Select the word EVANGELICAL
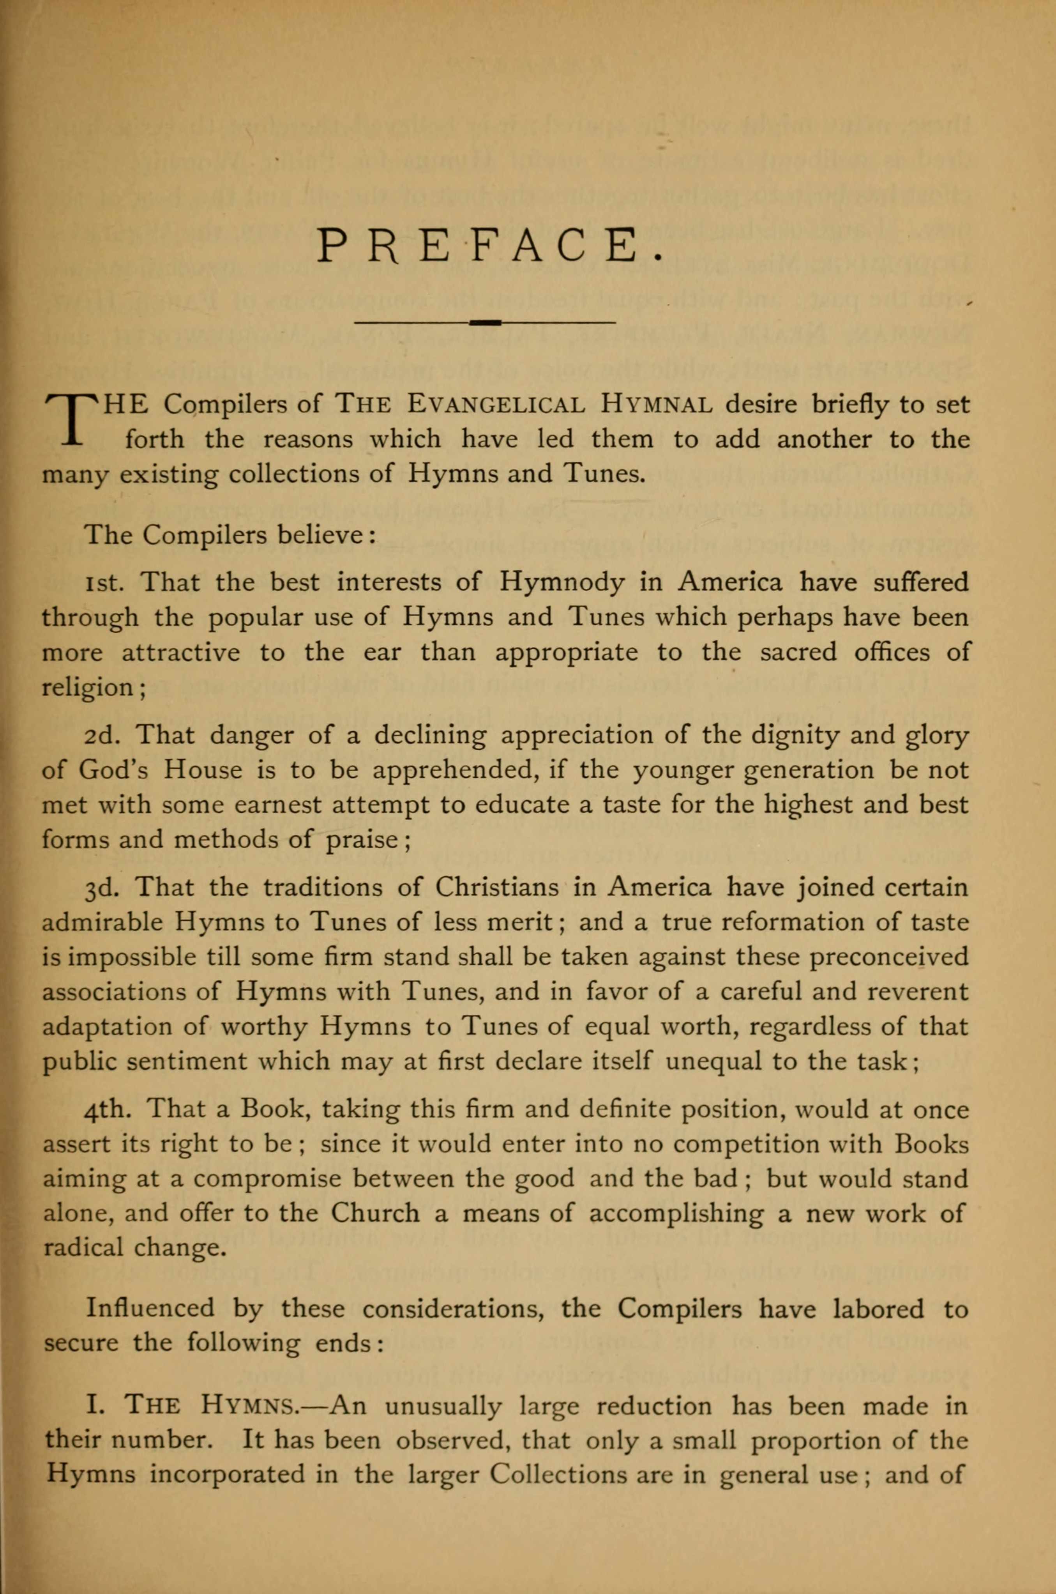tap(496, 405)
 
